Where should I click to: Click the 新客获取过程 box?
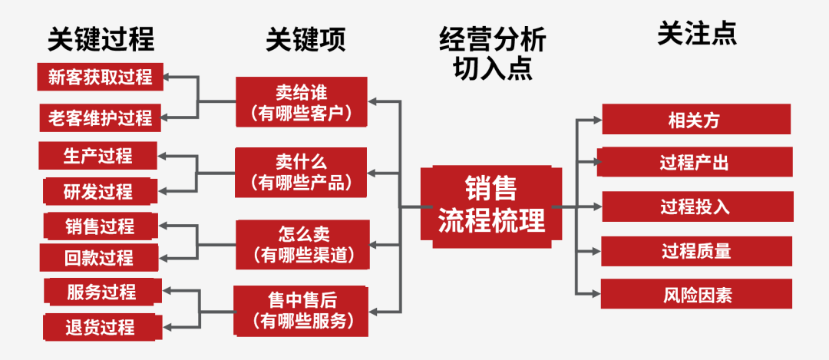coord(100,78)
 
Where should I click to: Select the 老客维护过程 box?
coord(100,117)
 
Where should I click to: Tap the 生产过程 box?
coord(97,156)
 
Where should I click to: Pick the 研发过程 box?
coord(100,191)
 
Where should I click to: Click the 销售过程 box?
coord(100,226)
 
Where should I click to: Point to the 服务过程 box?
coord(101,292)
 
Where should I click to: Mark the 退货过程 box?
coord(101,327)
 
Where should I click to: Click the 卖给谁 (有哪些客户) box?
coord(302,103)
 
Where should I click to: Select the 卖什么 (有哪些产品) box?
coord(302,172)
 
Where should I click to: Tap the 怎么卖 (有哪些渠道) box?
coord(302,244)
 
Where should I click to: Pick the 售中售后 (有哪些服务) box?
coord(301,311)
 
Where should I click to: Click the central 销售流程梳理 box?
coord(491,206)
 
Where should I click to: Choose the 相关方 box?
coord(695,120)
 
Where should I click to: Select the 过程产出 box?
coord(695,163)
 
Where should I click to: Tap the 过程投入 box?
coord(695,206)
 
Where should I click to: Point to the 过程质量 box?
coord(695,251)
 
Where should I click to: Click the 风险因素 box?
coord(695,294)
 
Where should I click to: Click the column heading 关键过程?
coord(101,38)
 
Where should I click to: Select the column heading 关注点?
coord(696,34)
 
